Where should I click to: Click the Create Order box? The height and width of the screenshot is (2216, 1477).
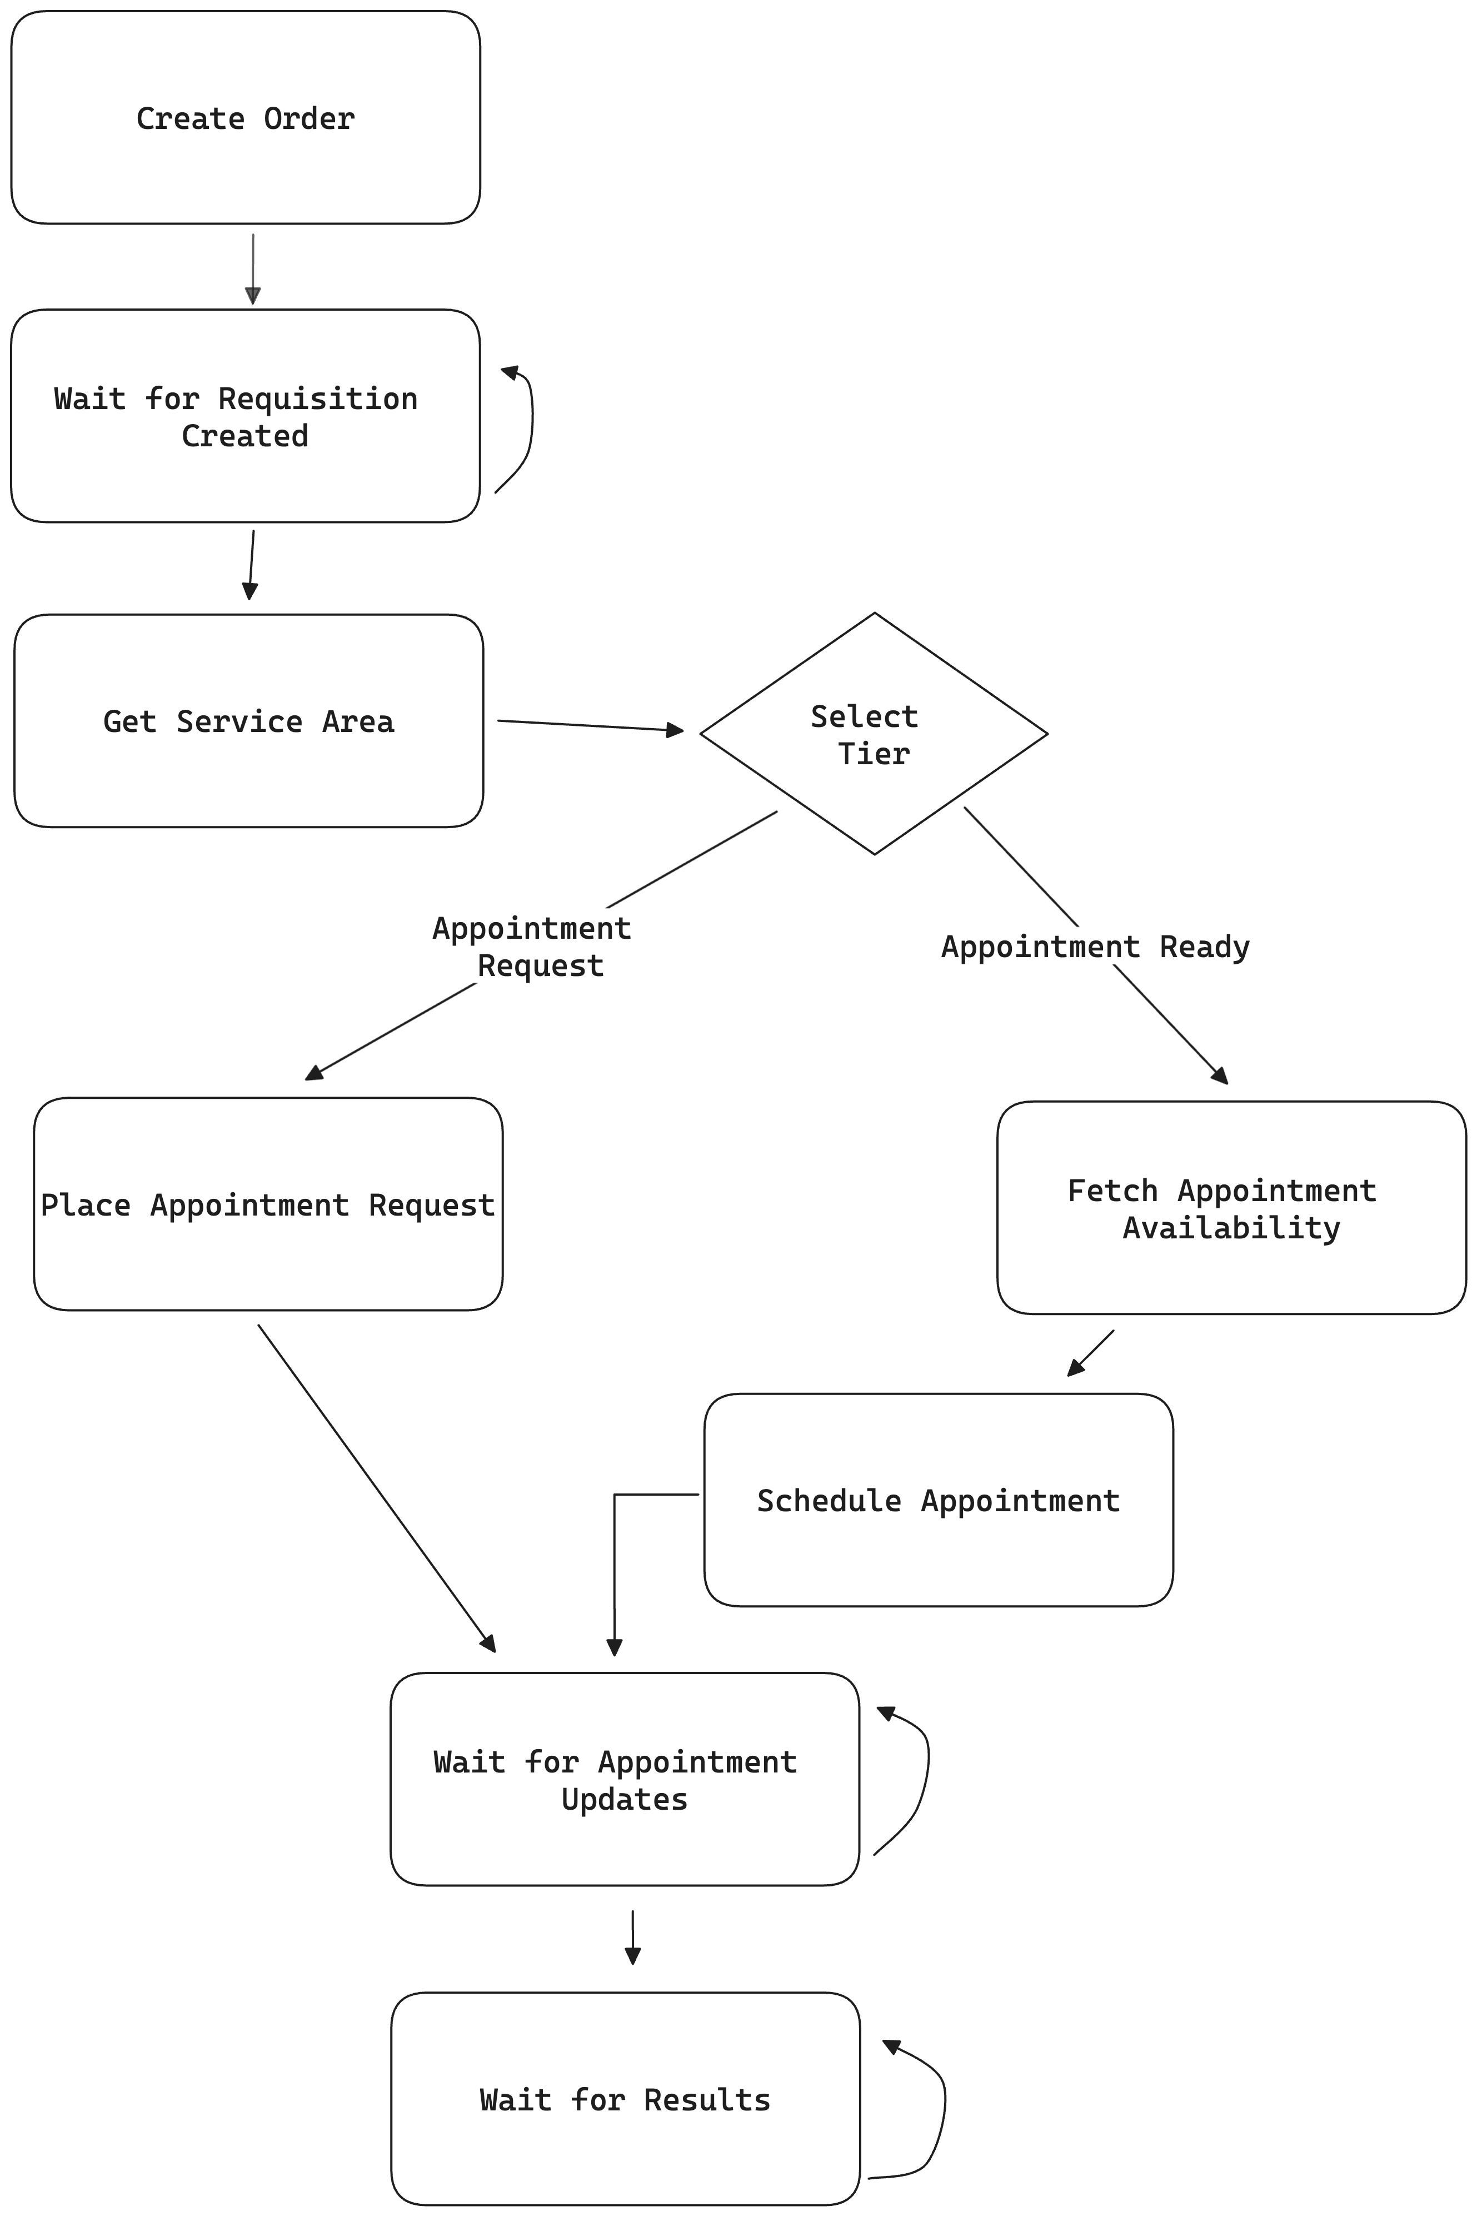246,118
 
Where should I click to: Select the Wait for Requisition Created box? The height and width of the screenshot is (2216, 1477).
246,416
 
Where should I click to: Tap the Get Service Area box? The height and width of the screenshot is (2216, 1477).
249,721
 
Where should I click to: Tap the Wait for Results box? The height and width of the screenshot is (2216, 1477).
626,2099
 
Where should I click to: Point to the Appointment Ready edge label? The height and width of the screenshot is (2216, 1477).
1095,946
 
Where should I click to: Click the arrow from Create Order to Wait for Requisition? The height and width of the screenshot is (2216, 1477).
252,270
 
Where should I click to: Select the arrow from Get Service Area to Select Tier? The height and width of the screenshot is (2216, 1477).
591,725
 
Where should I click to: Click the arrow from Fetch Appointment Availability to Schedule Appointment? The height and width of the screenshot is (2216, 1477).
1091,1353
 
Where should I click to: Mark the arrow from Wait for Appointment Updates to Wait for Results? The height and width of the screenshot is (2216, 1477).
633,1937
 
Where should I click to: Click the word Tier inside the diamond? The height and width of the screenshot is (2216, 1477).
874,754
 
